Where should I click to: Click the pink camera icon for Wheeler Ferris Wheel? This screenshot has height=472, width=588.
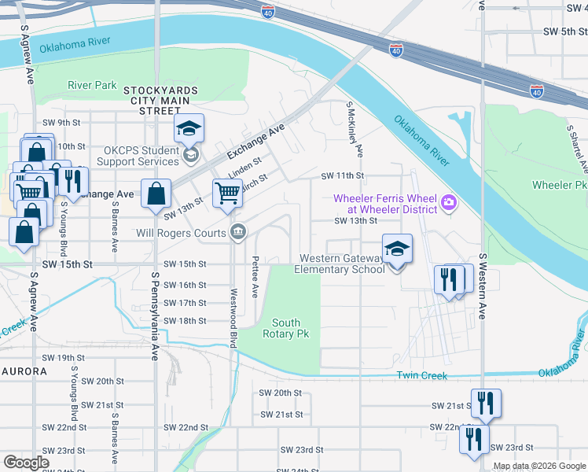pyautogui.click(x=449, y=204)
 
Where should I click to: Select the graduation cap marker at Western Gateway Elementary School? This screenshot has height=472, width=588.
pyautogui.click(x=397, y=249)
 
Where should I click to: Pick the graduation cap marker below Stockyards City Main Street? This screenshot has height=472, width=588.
pyautogui.click(x=189, y=128)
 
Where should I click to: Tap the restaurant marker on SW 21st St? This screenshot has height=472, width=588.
pyautogui.click(x=486, y=404)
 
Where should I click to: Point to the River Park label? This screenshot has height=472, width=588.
pyautogui.click(x=92, y=85)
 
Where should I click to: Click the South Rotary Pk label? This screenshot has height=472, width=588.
pyautogui.click(x=286, y=329)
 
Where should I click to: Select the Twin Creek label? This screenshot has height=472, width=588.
pyautogui.click(x=422, y=376)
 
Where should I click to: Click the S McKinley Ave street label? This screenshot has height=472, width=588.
pyautogui.click(x=355, y=127)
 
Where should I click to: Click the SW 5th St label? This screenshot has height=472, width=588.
pyautogui.click(x=560, y=31)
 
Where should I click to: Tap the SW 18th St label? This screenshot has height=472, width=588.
pyautogui.click(x=185, y=321)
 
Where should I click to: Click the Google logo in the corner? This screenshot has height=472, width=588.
pyautogui.click(x=26, y=463)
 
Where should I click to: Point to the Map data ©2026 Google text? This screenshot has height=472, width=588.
pyautogui.click(x=539, y=466)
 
